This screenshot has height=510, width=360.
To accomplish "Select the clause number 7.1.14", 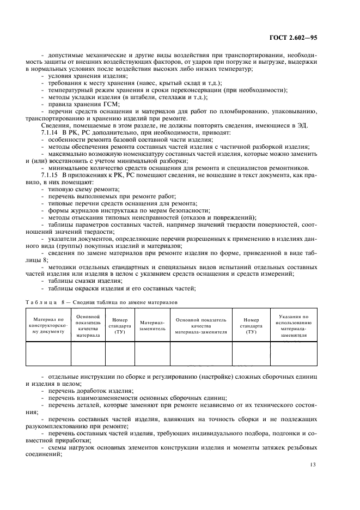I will click(50, 132).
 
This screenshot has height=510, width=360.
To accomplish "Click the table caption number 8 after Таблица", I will click(62, 301).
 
